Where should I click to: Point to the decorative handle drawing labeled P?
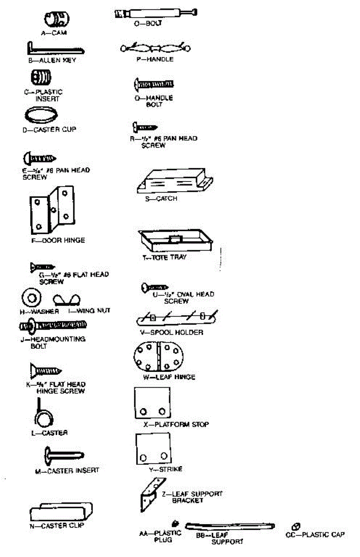(155, 48)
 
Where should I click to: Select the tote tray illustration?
(175, 240)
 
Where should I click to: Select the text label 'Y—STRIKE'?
(165, 469)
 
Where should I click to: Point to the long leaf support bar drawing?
(230, 527)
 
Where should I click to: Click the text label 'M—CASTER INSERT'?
(67, 471)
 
